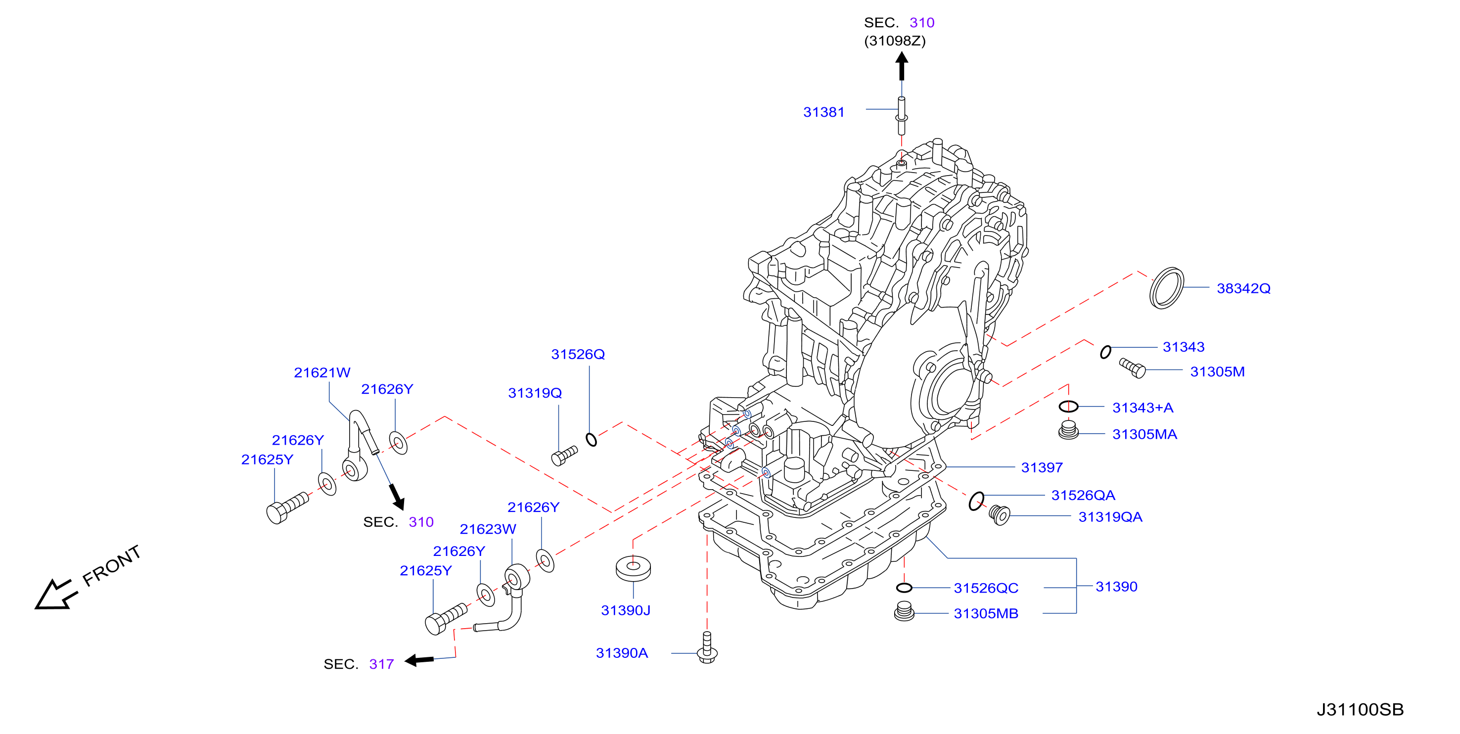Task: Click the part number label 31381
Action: coord(823,112)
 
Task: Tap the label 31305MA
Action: coord(1144,434)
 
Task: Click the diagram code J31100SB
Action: coord(1360,709)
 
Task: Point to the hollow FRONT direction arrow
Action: coord(55,595)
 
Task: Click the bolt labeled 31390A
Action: coord(707,647)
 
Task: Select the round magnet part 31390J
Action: coord(633,568)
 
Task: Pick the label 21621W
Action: coord(322,372)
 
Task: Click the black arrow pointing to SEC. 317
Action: coord(419,660)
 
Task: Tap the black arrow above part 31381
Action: coord(902,66)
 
